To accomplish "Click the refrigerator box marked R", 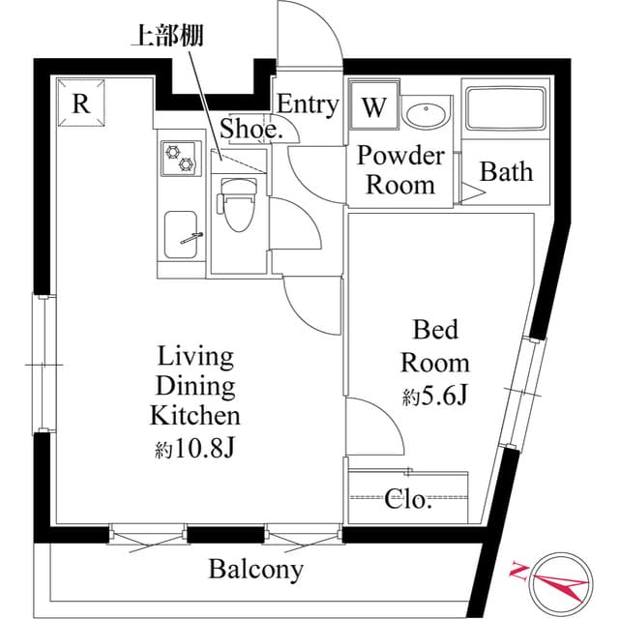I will tap(81, 103).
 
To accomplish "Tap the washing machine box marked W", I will tap(373, 108).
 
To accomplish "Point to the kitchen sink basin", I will tap(183, 233).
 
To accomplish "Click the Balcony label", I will tap(255, 570).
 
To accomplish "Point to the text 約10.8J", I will tap(193, 449).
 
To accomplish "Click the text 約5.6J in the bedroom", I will tap(435, 396).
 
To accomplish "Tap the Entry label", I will tap(308, 104).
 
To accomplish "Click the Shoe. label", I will tap(251, 129).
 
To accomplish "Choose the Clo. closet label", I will tap(408, 501).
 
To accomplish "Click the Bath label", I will tap(507, 172).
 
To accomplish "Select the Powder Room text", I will tap(400, 170).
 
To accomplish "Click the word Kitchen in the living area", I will tap(194, 417).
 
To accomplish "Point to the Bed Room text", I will tap(435, 346).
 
